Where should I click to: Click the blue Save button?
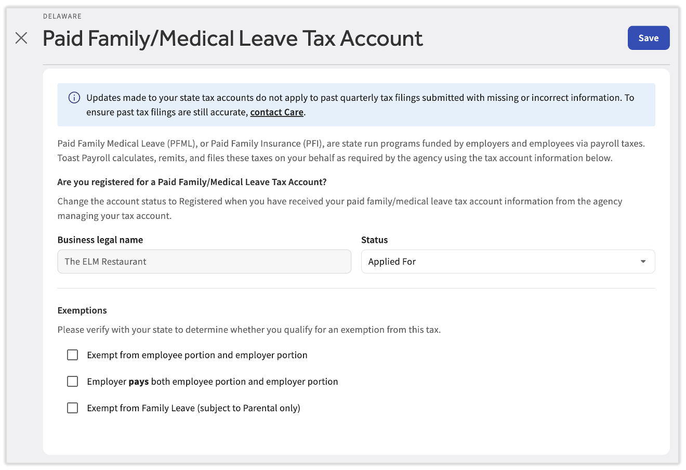click(x=648, y=38)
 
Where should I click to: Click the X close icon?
click(x=21, y=38)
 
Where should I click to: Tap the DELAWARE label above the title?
click(x=62, y=16)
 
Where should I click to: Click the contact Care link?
click(x=276, y=112)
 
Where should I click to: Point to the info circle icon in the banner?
click(x=74, y=98)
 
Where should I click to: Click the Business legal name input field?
click(x=204, y=262)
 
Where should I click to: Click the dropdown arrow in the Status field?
click(x=643, y=262)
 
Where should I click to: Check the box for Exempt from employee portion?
click(x=73, y=355)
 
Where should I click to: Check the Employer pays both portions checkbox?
click(x=73, y=382)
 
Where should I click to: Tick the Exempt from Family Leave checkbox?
click(x=73, y=408)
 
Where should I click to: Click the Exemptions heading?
click(x=82, y=310)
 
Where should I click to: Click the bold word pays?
click(x=139, y=382)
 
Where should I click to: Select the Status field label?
click(x=374, y=240)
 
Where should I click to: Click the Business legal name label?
click(x=100, y=240)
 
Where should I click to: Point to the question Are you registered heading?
click(x=192, y=182)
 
